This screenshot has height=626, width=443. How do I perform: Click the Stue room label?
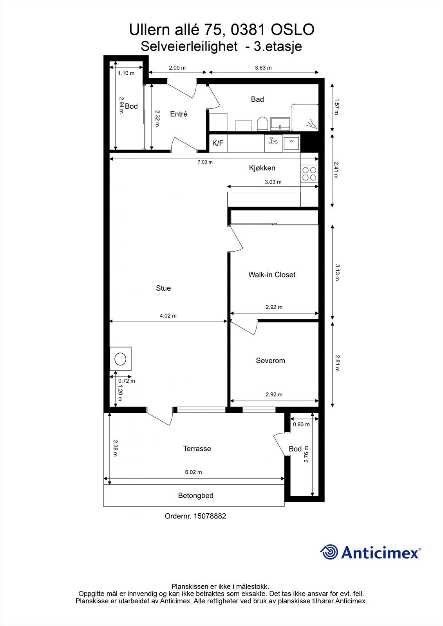tap(163, 288)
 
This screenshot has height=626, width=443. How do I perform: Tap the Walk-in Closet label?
tap(272, 275)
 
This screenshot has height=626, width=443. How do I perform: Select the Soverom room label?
tap(270, 361)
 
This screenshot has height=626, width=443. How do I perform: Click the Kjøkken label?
tap(262, 168)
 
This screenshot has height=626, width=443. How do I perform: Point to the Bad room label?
tap(257, 99)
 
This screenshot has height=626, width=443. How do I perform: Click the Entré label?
tap(179, 114)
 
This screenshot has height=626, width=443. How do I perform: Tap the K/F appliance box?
tap(218, 143)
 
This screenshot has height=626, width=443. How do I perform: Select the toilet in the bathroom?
tap(262, 124)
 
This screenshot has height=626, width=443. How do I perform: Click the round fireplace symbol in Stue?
tap(120, 358)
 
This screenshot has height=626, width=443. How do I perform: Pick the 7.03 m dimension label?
tap(205, 162)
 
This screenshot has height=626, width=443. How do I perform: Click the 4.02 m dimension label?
tap(168, 316)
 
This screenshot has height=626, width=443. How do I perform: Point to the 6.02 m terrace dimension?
tap(193, 472)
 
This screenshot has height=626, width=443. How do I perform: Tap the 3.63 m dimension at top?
tap(263, 68)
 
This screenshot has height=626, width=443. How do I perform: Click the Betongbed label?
tap(196, 496)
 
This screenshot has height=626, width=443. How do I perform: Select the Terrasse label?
tap(197, 449)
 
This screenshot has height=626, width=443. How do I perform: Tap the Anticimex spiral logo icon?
tap(329, 552)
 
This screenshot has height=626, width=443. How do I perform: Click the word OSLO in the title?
tap(293, 30)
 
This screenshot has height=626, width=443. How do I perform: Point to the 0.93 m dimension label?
tap(301, 425)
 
